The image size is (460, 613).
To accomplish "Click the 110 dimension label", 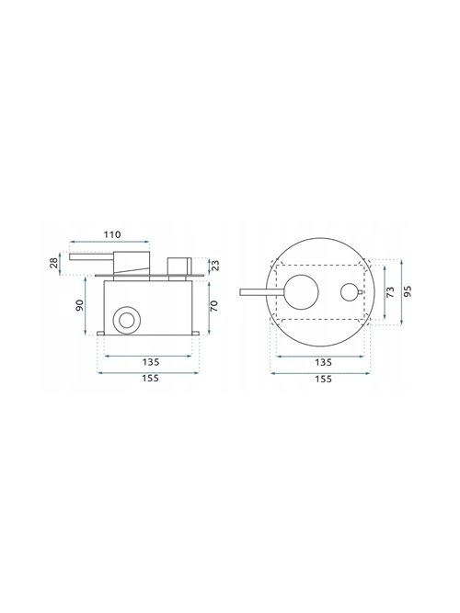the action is tap(112, 234).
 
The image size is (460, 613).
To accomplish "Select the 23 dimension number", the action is tap(215, 266).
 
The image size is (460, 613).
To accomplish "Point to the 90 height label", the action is tap(79, 305).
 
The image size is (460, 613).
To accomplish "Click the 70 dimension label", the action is tap(214, 306).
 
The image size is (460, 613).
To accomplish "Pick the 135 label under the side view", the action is tap(151, 362).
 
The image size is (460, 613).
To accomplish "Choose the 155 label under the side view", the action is tap(151, 379).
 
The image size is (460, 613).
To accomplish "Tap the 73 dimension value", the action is tap(390, 292).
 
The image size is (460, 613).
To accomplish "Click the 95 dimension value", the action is tap(408, 291).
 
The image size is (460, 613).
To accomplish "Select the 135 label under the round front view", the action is tap(323, 362).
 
